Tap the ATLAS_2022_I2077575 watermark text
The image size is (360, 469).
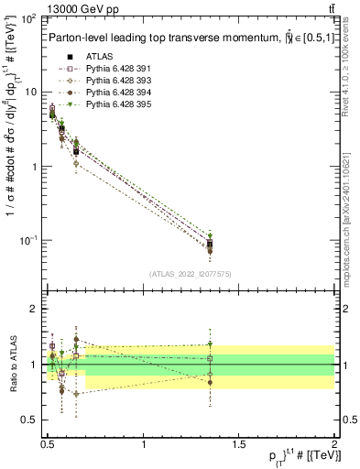[190, 274]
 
